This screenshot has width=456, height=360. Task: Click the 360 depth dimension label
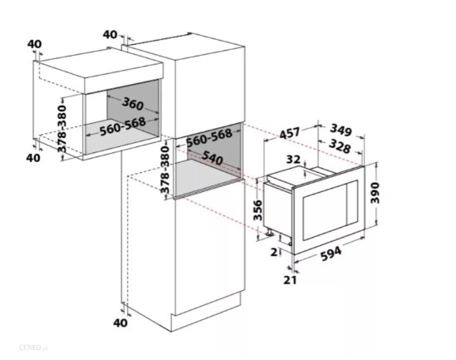tap(133, 104)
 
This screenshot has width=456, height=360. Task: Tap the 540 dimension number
tap(213, 158)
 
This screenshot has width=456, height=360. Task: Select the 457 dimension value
tap(289, 133)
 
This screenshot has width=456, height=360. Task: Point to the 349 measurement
tap(341, 130)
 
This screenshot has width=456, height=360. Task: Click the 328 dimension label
tap(340, 146)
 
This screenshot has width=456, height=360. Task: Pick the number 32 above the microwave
tap(293, 159)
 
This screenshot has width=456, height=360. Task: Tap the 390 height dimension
tap(375, 193)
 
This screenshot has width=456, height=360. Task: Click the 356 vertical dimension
tap(257, 210)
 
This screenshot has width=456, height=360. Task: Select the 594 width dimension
tap(331, 254)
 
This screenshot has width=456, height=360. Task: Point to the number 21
tap(290, 280)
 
